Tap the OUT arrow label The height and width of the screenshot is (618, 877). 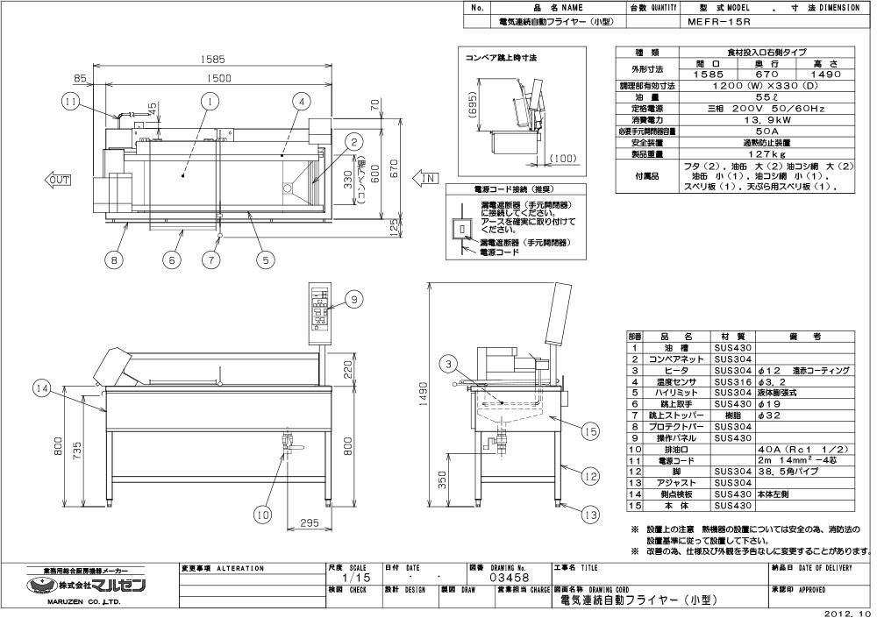click(59, 179)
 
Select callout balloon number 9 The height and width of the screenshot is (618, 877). click(353, 300)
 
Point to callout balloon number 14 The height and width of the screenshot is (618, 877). click(41, 387)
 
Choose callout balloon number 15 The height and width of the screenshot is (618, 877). click(589, 430)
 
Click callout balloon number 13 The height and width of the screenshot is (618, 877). click(589, 514)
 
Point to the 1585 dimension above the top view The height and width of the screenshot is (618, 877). click(212, 60)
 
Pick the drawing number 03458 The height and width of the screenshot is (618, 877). click(510, 578)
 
